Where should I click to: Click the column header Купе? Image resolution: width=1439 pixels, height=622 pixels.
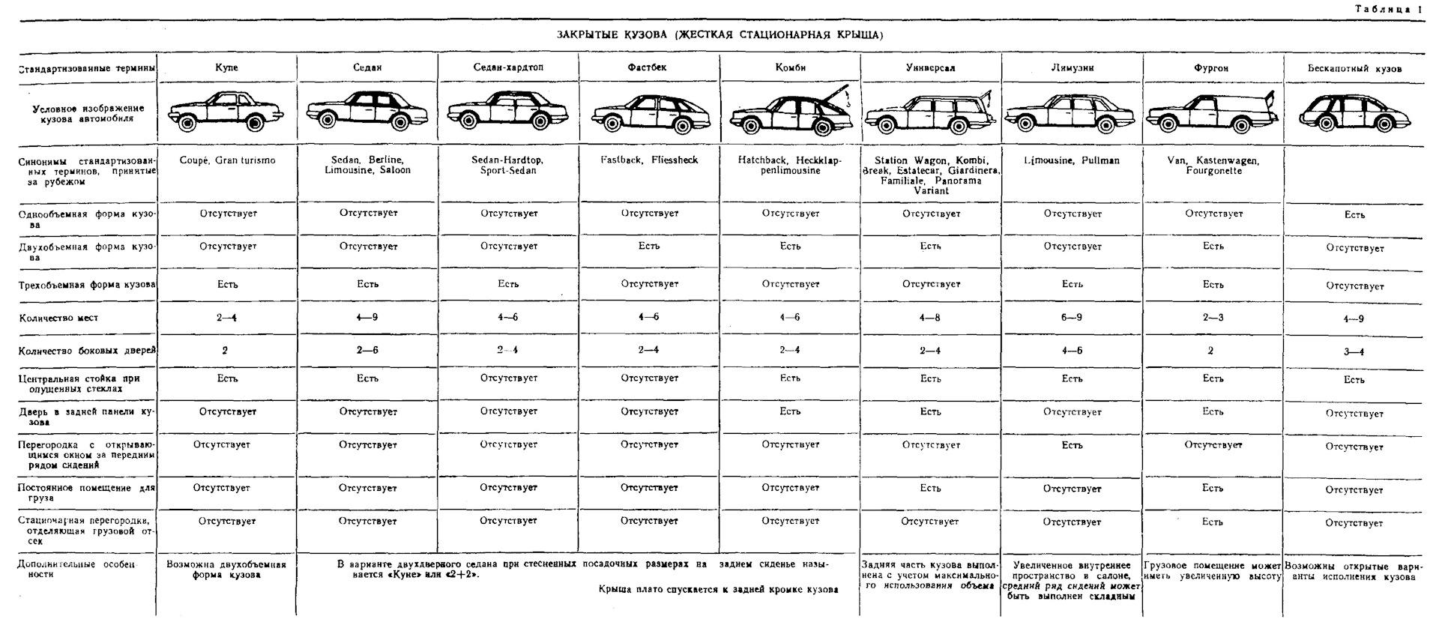[x=226, y=67]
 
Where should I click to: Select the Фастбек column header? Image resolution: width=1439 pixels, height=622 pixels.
[x=647, y=67]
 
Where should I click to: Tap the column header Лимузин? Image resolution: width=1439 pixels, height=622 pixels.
[x=1072, y=67]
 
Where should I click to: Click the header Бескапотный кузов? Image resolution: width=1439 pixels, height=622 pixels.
[x=1354, y=68]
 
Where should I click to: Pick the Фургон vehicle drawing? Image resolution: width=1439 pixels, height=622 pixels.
[x=1213, y=112]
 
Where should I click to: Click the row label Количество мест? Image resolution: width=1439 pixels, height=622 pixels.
[x=58, y=318]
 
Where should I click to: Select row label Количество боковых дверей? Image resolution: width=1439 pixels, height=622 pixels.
[x=87, y=350]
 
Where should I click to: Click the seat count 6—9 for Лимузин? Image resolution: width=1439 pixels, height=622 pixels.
[x=1072, y=318]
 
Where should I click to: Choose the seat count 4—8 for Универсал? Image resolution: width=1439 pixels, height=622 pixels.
[x=930, y=318]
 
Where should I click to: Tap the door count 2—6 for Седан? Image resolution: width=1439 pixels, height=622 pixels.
[x=367, y=350]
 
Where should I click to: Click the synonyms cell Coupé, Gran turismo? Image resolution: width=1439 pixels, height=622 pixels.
[x=227, y=160]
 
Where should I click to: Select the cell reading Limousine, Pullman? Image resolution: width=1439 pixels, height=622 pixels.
[x=1072, y=160]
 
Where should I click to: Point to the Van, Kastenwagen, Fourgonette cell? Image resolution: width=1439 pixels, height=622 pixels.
[x=1213, y=165]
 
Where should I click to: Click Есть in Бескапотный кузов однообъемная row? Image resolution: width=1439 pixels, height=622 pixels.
[x=1354, y=215]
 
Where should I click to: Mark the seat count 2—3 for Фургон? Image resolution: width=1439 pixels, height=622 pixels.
[x=1213, y=318]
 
